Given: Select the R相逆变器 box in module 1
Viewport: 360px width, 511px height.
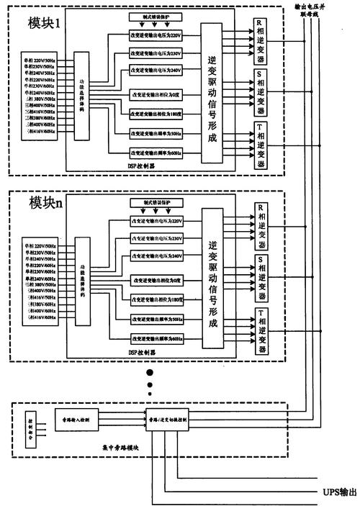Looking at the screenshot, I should click(261, 41).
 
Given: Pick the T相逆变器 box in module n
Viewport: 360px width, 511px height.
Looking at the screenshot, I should click(261, 332).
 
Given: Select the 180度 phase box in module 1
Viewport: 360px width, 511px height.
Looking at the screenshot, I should click(156, 114).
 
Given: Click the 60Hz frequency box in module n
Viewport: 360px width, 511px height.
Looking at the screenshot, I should click(156, 338).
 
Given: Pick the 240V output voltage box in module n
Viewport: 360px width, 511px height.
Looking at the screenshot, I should click(156, 256).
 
